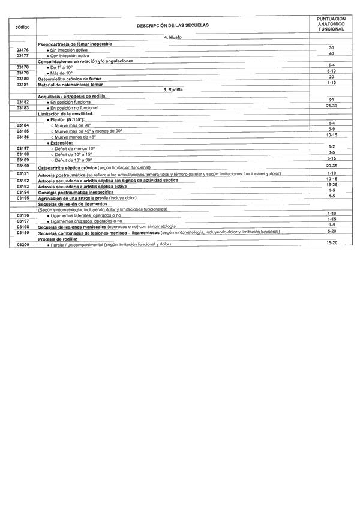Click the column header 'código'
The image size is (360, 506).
[x=22, y=27]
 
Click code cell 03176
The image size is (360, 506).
[x=23, y=50]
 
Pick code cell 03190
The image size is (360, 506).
[x=23, y=166]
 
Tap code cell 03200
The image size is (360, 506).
[x=23, y=245]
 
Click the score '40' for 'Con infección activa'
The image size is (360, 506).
[x=331, y=53]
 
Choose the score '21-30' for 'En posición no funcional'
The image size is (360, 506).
[x=331, y=106]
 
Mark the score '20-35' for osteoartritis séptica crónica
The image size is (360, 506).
[x=331, y=166]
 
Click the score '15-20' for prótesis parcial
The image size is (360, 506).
[x=331, y=242]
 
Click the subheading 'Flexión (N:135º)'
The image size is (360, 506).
[x=70, y=119]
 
